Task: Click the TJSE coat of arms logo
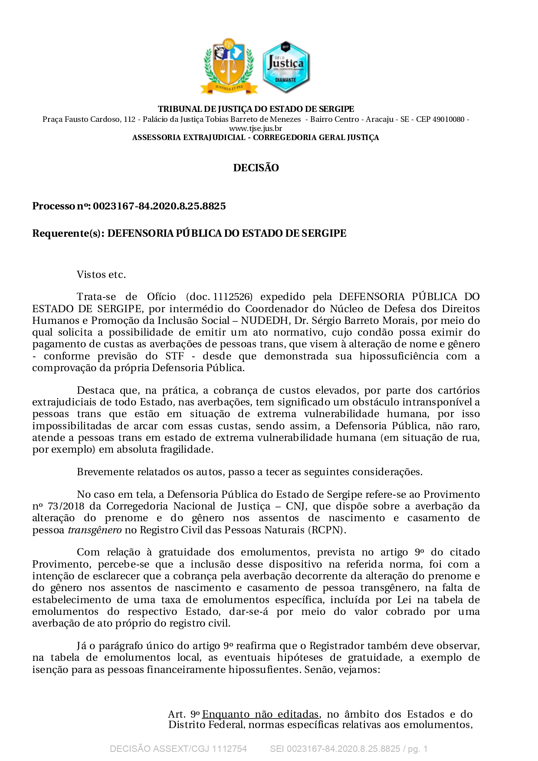click(229, 66)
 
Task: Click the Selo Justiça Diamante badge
click(285, 67)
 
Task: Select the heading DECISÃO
click(256, 168)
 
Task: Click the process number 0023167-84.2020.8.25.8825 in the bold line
click(159, 206)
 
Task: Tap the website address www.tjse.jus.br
click(256, 128)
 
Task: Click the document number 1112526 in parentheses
click(233, 297)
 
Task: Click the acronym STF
click(174, 356)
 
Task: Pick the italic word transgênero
click(95, 530)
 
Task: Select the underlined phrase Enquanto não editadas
click(261, 714)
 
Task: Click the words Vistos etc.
click(101, 274)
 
